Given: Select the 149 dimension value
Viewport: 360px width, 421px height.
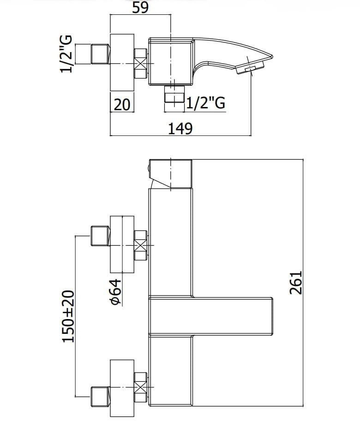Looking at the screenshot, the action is [x=180, y=128].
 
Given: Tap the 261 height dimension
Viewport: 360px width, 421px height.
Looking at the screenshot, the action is [x=296, y=283].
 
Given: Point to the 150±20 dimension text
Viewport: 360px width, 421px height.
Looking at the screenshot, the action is [x=68, y=316].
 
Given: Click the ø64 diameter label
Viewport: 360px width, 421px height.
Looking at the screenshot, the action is [x=116, y=292].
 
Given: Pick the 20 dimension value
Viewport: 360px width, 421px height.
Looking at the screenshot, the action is [x=122, y=105].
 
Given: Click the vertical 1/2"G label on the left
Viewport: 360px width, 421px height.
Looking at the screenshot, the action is [x=66, y=54].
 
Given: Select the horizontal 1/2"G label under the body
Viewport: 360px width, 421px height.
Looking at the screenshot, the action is [x=205, y=102].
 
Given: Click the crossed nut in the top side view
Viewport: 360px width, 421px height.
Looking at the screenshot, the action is [x=140, y=64].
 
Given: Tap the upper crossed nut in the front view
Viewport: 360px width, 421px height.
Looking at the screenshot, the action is [x=140, y=245].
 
